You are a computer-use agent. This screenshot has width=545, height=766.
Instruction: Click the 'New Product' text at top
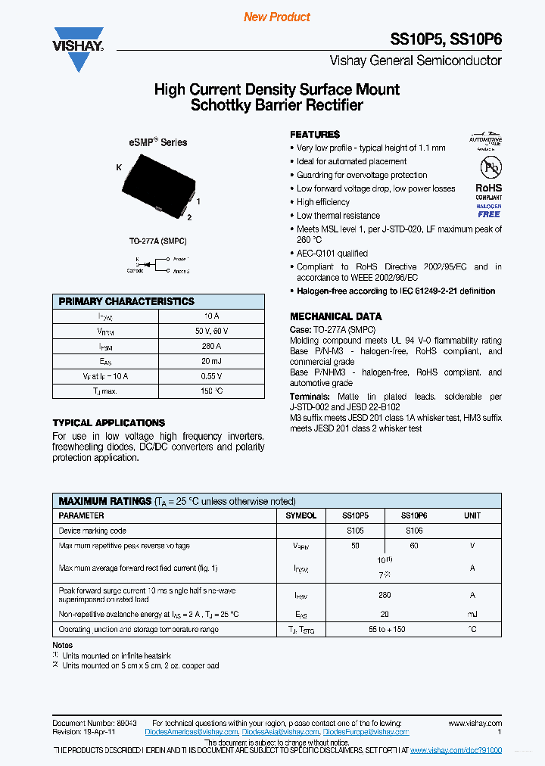pos(277,17)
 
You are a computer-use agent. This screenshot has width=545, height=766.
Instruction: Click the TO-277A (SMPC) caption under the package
pos(157,241)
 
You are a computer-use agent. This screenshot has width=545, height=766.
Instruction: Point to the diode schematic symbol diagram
pos(157,265)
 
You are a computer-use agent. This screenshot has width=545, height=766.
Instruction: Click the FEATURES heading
pos(315,134)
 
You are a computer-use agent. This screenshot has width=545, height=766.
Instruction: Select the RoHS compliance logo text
pos(488,188)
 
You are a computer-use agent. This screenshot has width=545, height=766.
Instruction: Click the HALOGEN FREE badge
pos(488,210)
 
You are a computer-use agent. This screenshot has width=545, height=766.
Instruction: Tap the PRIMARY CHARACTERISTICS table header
pos(126,301)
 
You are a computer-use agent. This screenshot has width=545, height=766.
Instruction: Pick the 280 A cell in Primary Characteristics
pos(211,346)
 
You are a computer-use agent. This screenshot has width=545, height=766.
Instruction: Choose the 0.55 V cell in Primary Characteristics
pos(211,376)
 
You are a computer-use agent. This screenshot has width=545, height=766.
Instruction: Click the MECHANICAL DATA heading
pos(336,316)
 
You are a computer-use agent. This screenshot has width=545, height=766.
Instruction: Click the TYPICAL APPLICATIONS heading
pos(108,423)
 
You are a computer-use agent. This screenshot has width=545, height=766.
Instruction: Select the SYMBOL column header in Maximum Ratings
pos(301,515)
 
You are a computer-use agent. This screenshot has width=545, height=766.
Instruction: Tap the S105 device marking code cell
pos(355,531)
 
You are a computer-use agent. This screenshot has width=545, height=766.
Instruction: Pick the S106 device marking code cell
pos(414,531)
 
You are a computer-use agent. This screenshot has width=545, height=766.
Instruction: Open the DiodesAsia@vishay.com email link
pos(281,732)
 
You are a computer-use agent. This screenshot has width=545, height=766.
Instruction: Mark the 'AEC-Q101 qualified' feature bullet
pos(332,254)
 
